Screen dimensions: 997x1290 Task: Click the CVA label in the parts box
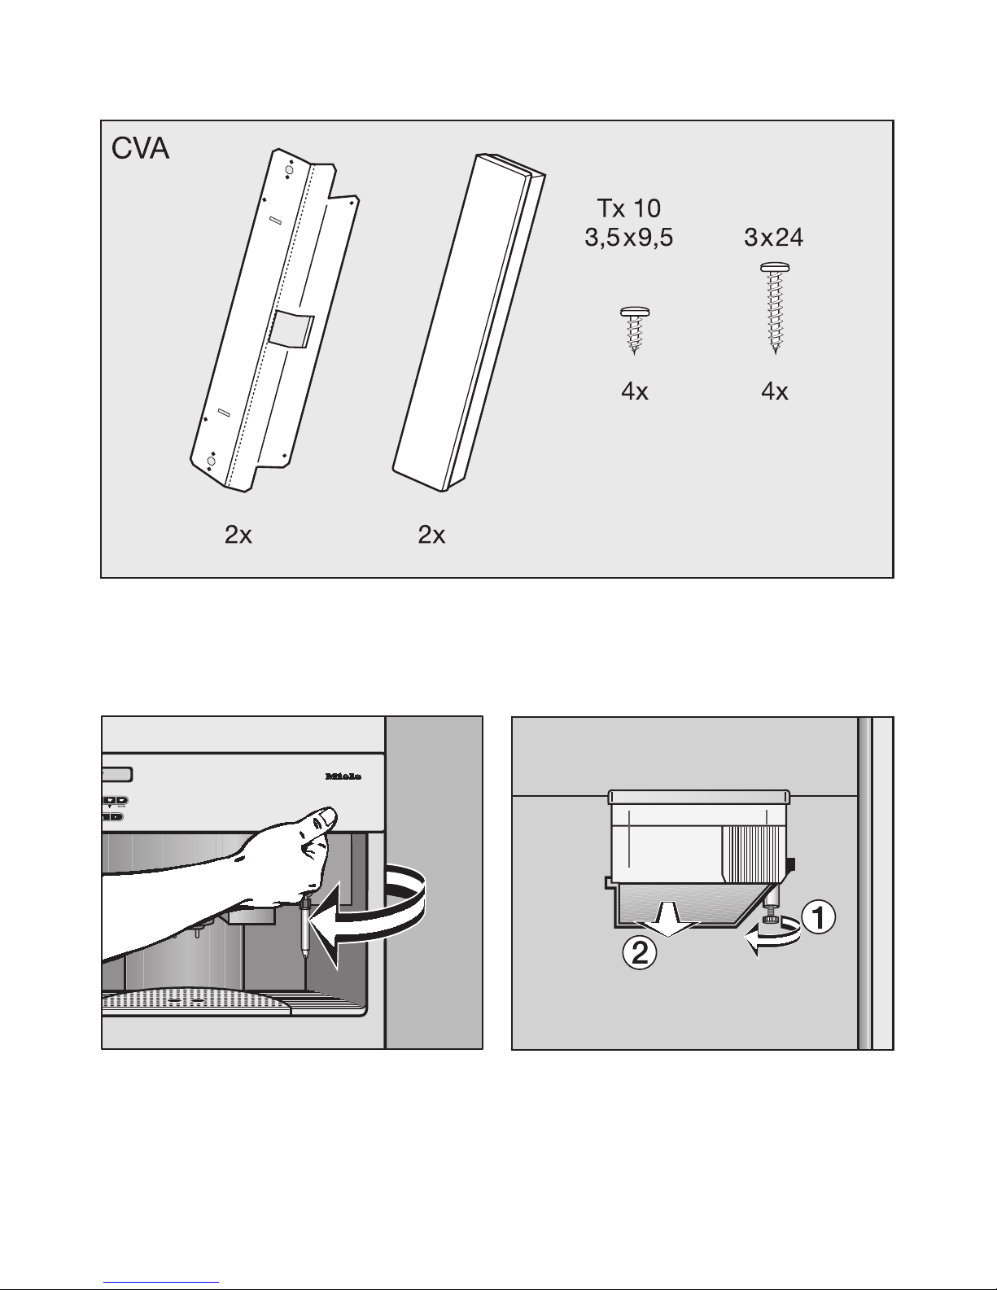tap(140, 148)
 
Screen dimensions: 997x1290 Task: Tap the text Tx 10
tap(628, 208)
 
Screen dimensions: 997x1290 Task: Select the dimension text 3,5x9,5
tap(628, 238)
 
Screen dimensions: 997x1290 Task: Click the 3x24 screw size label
tap(773, 238)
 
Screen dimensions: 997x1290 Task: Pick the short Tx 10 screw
tap(634, 330)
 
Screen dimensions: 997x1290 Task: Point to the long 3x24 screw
tap(775, 308)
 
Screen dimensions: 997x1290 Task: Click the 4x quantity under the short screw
tap(634, 391)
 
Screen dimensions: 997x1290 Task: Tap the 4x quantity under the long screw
tap(775, 391)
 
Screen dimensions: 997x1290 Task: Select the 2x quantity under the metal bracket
tap(238, 535)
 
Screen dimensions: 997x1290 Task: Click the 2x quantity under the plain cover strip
tap(431, 535)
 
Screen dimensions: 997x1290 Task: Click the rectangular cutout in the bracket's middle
tap(291, 330)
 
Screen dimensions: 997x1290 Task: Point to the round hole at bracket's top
tap(289, 171)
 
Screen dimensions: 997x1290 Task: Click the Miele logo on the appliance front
tap(343, 776)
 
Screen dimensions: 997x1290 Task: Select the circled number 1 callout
tap(819, 917)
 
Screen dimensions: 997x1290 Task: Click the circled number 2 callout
tap(639, 953)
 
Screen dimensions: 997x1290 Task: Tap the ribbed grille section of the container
tap(754, 852)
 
